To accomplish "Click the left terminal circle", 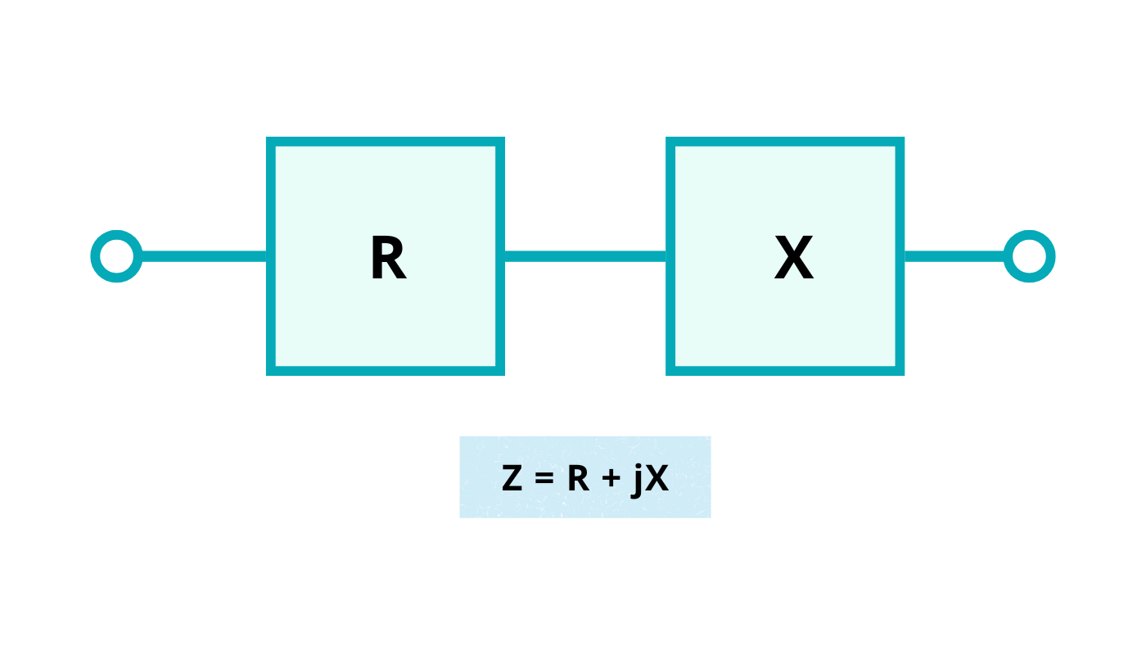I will tap(116, 256).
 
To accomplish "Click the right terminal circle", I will tap(1029, 256).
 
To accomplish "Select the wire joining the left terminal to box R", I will tap(204, 256).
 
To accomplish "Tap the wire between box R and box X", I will tap(584, 256).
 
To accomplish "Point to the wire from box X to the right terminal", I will tap(954, 256).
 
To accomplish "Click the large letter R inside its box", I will tap(388, 259).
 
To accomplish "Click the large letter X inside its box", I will tap(793, 259).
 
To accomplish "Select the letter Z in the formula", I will tap(512, 479).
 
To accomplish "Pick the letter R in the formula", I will tap(578, 479).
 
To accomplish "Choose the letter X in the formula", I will tap(657, 479).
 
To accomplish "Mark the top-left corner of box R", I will tap(271, 142).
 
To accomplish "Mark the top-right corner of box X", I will tap(900, 142).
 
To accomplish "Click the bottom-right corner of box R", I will tap(500, 371).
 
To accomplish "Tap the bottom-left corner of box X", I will tap(670, 371).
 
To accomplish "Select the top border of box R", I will tap(386, 142).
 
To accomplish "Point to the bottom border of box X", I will tap(785, 371).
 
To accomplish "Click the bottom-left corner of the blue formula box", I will tap(461, 516).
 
